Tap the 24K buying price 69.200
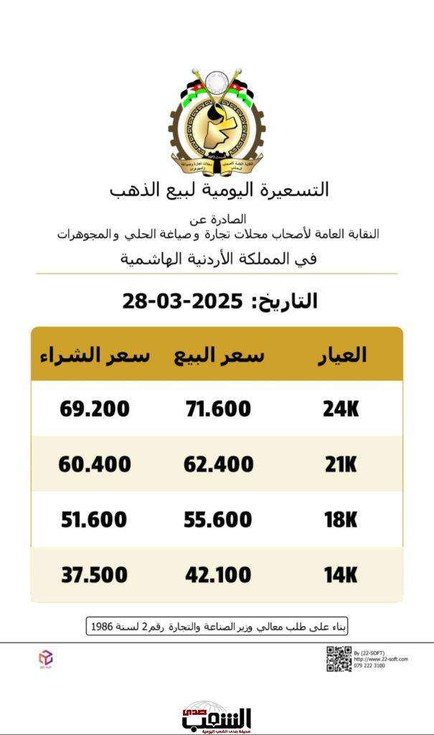[95, 409]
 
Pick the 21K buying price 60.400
[95, 464]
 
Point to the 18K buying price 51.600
[95, 520]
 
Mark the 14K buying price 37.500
[95, 575]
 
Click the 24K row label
[339, 409]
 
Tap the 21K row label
[339, 464]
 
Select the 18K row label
[339, 520]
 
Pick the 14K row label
[339, 575]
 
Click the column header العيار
[341, 355]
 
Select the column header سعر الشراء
[95, 355]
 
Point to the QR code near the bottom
[339, 659]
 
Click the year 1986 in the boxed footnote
[103, 627]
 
